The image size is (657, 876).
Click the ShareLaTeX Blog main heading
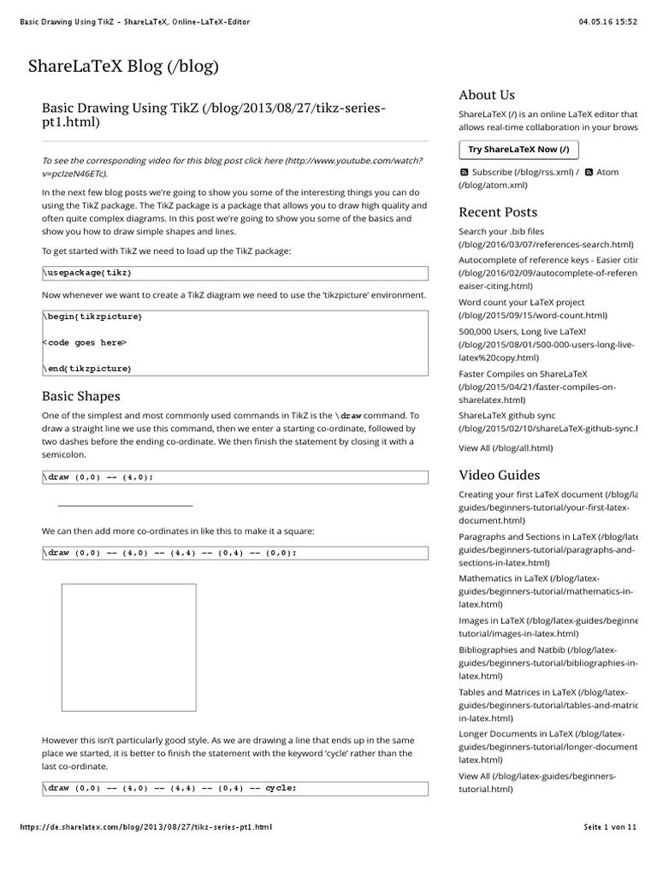(124, 66)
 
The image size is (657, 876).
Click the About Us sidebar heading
(487, 95)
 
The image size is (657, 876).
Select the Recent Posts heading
(498, 211)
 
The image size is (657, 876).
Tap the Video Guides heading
(500, 475)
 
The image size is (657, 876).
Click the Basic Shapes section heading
(81, 396)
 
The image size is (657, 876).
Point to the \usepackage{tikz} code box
(234, 273)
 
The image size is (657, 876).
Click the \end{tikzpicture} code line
(87, 368)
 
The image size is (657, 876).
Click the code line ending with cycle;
(171, 788)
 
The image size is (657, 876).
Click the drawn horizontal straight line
(125, 506)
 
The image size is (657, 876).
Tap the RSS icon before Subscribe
(464, 172)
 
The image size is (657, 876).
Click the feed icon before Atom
(589, 172)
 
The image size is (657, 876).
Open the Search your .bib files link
(501, 231)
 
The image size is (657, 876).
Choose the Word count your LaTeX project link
(522, 302)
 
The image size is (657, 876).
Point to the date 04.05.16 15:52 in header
(608, 22)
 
